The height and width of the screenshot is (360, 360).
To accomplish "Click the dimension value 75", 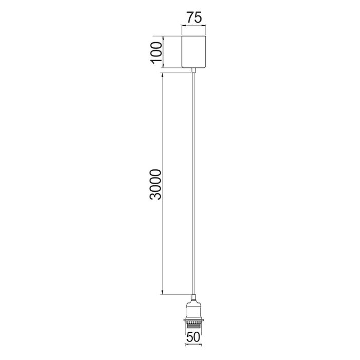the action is click(194, 17).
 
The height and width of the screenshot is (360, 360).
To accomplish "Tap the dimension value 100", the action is click(156, 52).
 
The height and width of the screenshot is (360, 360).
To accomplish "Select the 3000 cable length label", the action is click(155, 184).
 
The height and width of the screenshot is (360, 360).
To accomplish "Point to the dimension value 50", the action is click(193, 337).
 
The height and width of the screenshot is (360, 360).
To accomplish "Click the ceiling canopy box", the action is click(194, 51).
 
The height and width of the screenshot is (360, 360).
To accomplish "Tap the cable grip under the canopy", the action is click(194, 70).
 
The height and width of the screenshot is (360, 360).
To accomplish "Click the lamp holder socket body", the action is click(193, 310).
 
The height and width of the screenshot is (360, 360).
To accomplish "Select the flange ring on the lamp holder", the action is click(193, 319).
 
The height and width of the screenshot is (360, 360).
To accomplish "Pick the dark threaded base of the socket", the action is click(193, 326).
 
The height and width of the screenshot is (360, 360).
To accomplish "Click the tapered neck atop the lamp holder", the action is click(193, 298).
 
